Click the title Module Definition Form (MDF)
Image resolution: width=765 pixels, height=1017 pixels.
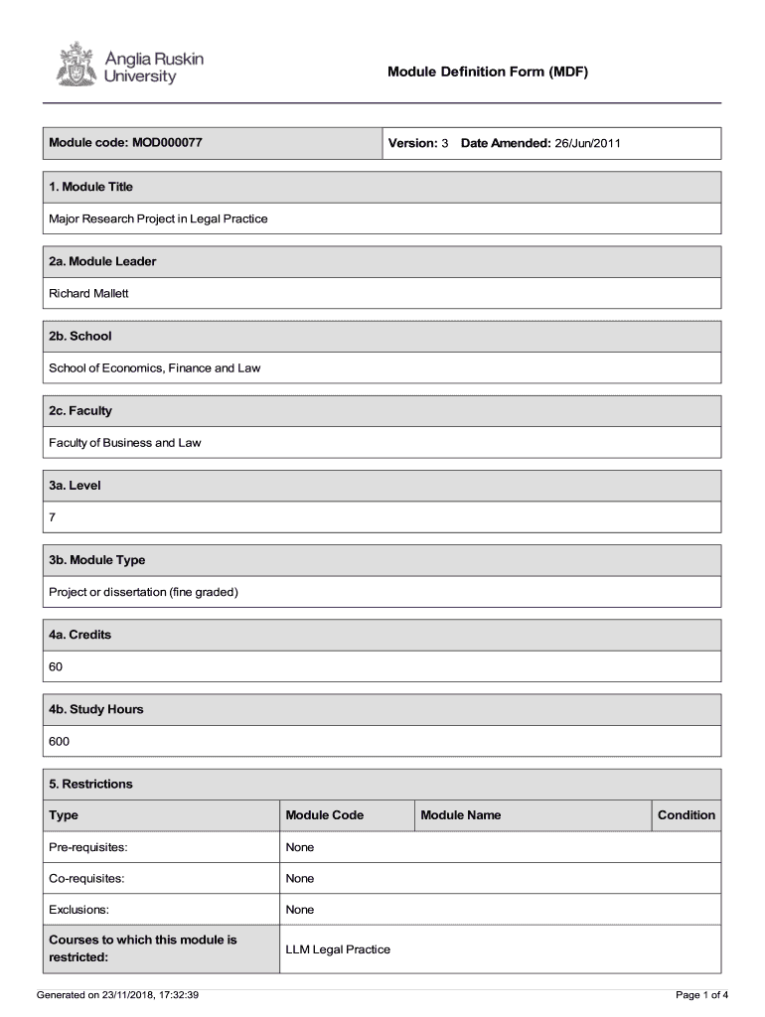click(488, 72)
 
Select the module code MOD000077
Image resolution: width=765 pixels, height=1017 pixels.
click(167, 143)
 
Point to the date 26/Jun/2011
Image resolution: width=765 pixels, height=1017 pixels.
click(587, 143)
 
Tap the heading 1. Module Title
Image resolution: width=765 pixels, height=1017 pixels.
click(90, 187)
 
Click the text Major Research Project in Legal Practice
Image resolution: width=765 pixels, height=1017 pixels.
click(158, 218)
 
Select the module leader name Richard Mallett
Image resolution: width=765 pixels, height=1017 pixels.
click(89, 293)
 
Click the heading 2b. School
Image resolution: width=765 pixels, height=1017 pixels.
click(80, 336)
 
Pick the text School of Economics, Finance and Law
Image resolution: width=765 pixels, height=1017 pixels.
click(155, 367)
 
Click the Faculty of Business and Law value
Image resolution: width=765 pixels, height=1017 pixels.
click(125, 442)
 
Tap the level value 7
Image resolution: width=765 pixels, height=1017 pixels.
click(54, 517)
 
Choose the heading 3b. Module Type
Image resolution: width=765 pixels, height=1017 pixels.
click(97, 560)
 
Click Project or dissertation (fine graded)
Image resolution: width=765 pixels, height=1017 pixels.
click(144, 592)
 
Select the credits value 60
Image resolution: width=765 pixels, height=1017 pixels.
click(56, 666)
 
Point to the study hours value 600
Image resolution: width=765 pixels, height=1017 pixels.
click(60, 741)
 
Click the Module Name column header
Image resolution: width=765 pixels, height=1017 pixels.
click(461, 815)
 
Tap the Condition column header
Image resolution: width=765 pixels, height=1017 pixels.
click(686, 815)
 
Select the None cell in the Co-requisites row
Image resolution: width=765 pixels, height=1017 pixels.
click(300, 878)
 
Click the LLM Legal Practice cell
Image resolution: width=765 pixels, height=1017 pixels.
click(338, 949)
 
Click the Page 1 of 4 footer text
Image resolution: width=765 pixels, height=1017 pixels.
click(702, 994)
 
